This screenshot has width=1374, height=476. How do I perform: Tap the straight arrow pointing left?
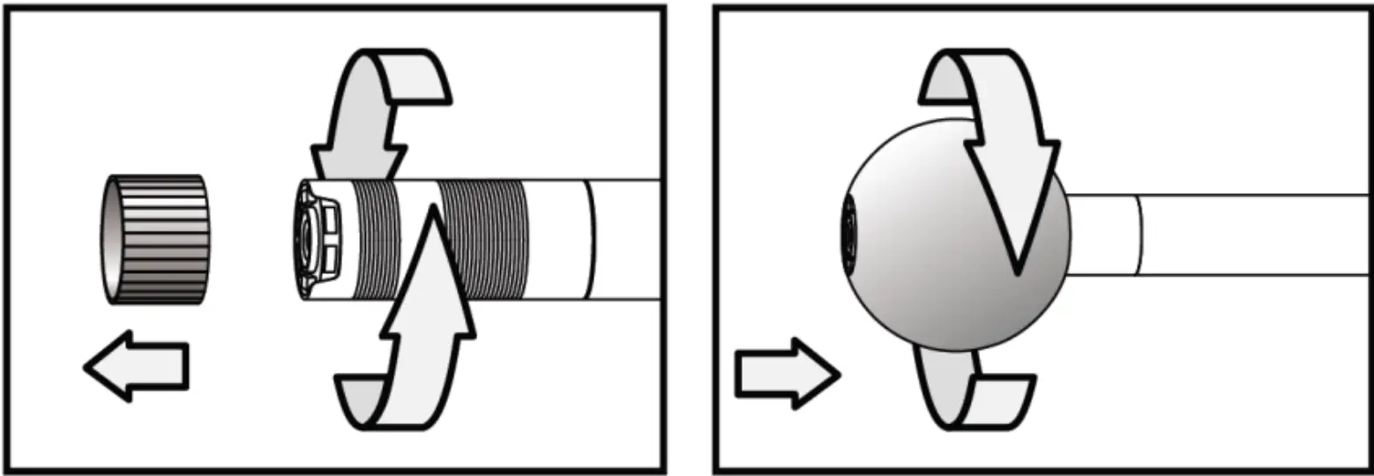coord(137,365)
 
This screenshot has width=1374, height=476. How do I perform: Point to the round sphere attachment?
coord(935,264)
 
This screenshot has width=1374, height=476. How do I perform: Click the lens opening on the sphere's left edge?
coord(850,234)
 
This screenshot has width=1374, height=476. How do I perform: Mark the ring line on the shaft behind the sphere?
coord(1139,234)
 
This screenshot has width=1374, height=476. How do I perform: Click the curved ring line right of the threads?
coord(590,239)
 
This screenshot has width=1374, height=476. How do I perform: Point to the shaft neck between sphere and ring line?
coord(1102,234)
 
